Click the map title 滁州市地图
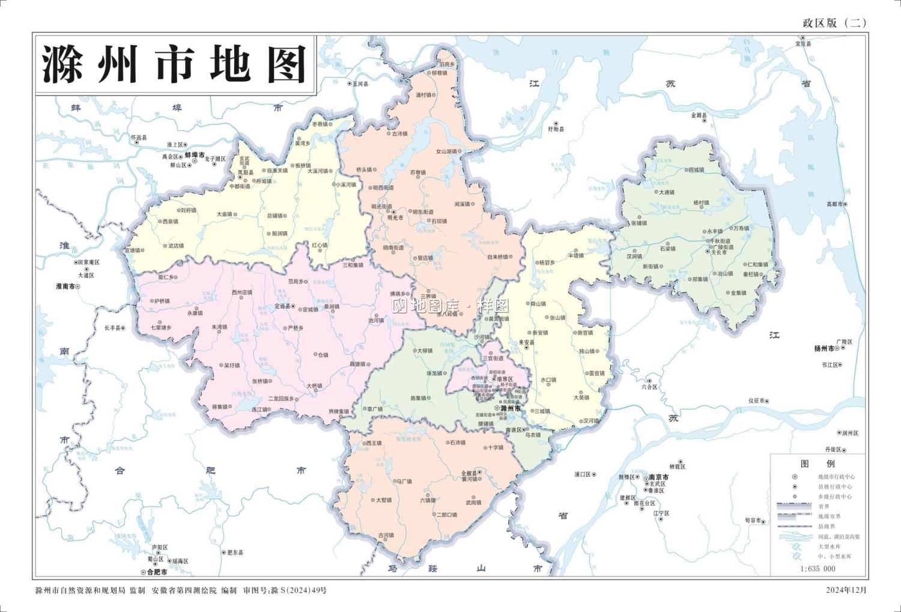174,64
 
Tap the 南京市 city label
658,477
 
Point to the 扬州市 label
824,349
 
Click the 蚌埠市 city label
195,155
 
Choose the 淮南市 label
65,286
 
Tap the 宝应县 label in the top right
803,44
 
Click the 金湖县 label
699,115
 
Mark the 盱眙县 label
556,129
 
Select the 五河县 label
360,84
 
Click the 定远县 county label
282,306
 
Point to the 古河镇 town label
386,534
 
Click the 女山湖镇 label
446,151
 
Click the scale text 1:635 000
818,568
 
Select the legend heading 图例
818,464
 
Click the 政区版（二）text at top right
834,23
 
